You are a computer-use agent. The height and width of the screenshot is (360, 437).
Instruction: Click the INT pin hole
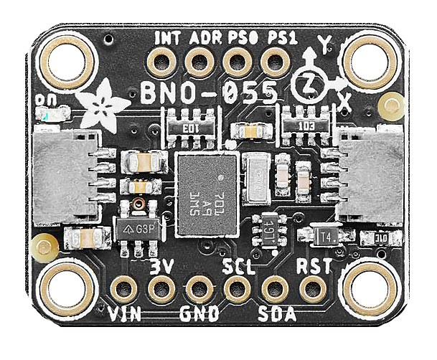tap(161, 62)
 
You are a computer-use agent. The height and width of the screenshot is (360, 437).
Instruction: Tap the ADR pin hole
tap(198, 62)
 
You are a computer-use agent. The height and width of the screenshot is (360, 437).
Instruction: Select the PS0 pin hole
tap(235, 62)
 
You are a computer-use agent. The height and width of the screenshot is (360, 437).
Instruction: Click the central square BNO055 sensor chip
tap(205, 194)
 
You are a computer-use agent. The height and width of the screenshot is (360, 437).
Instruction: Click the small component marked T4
tap(316, 235)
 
